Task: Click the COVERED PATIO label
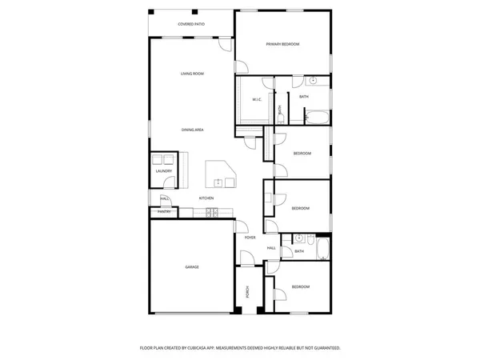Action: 191,25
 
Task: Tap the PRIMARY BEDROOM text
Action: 282,44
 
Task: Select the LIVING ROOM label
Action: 192,74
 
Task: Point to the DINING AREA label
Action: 192,129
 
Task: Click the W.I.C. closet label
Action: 258,100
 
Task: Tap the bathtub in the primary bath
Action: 317,118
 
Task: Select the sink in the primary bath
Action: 313,82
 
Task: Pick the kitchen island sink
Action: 218,182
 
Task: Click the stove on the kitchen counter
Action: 211,212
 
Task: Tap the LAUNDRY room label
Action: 164,170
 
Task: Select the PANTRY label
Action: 163,212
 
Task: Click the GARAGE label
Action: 192,267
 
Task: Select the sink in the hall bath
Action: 298,238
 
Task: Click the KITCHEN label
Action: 206,198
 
